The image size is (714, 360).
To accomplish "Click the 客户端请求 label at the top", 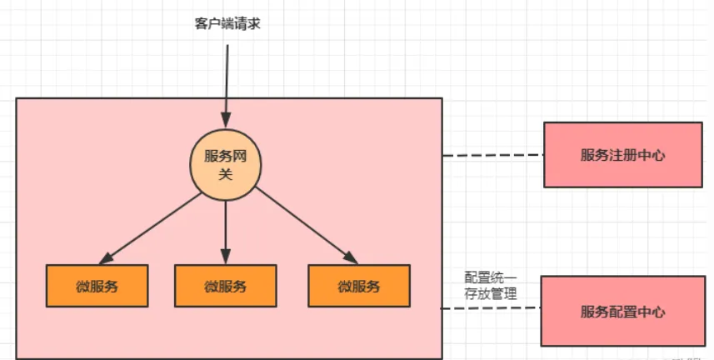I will pyautogui.click(x=227, y=23).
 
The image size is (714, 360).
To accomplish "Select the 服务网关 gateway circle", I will pyautogui.click(x=225, y=165).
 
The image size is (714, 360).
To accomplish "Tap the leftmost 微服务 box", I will pyautogui.click(x=97, y=286).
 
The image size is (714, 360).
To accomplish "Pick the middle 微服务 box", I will pyautogui.click(x=225, y=286).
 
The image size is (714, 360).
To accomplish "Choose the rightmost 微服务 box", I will pyautogui.click(x=359, y=286).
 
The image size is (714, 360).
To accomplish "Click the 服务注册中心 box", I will pyautogui.click(x=623, y=155).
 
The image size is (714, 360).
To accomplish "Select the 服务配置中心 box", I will pyautogui.click(x=623, y=312).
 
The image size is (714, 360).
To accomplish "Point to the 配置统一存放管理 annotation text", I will pyautogui.click(x=491, y=285).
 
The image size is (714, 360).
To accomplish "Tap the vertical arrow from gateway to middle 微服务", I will pyautogui.click(x=226, y=229).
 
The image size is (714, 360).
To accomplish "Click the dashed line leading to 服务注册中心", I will pyautogui.click(x=492, y=156).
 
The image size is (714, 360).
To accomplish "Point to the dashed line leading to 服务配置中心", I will pyautogui.click(x=491, y=309).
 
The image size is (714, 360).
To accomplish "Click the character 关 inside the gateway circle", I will pyautogui.click(x=225, y=175).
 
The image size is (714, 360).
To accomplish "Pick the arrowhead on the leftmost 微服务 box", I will pyautogui.click(x=105, y=258).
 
